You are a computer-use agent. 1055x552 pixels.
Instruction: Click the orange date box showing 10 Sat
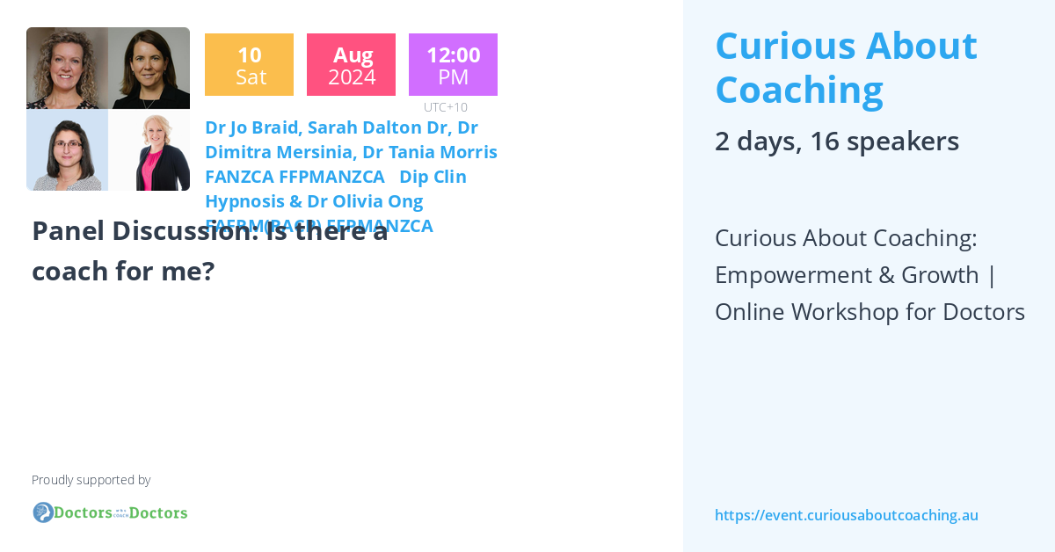click(x=249, y=65)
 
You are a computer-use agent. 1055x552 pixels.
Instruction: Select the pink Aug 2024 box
click(x=351, y=65)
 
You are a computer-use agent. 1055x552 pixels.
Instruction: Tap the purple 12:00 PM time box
click(x=453, y=65)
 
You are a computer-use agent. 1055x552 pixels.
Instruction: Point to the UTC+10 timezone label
click(x=446, y=107)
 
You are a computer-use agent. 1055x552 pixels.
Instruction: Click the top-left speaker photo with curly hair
click(x=67, y=68)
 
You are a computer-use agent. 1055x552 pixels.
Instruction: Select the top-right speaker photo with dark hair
click(x=149, y=68)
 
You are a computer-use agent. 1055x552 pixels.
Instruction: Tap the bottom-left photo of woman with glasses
click(x=67, y=149)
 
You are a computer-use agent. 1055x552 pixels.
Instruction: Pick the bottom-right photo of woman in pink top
click(x=149, y=149)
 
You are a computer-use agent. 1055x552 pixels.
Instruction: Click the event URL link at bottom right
click(x=846, y=515)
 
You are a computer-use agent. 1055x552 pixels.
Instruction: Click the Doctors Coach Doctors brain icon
click(x=42, y=512)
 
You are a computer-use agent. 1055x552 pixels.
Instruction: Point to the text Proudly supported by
click(x=91, y=480)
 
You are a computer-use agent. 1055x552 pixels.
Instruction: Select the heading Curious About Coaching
click(x=845, y=67)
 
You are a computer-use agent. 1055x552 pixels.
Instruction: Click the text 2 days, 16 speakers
click(x=836, y=141)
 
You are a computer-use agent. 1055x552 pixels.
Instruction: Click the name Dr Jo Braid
click(x=250, y=127)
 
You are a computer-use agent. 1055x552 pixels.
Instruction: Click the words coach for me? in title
click(x=123, y=271)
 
